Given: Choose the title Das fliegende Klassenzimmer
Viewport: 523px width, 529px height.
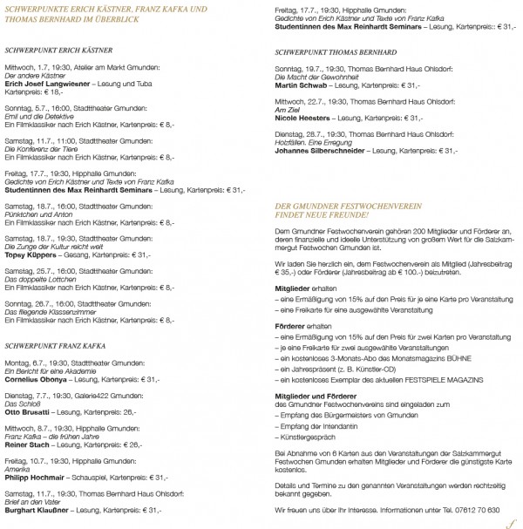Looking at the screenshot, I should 55,294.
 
